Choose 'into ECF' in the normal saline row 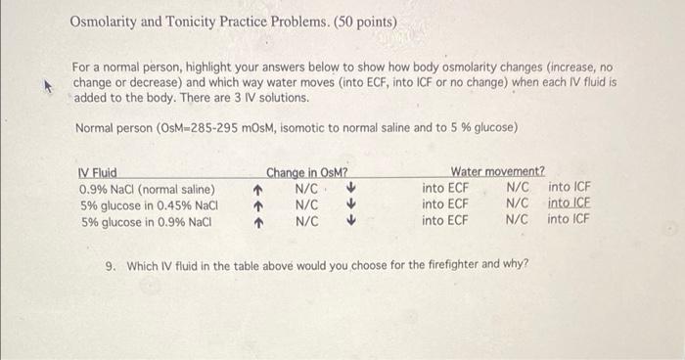(x=445, y=187)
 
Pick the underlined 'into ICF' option (x=570, y=203)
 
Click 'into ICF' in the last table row (x=570, y=220)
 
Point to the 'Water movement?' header (x=497, y=172)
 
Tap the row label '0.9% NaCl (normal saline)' (x=147, y=188)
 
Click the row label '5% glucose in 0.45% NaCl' (x=148, y=204)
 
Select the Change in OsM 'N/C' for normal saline (x=306, y=188)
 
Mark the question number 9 (x=110, y=265)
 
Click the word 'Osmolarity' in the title (x=108, y=21)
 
